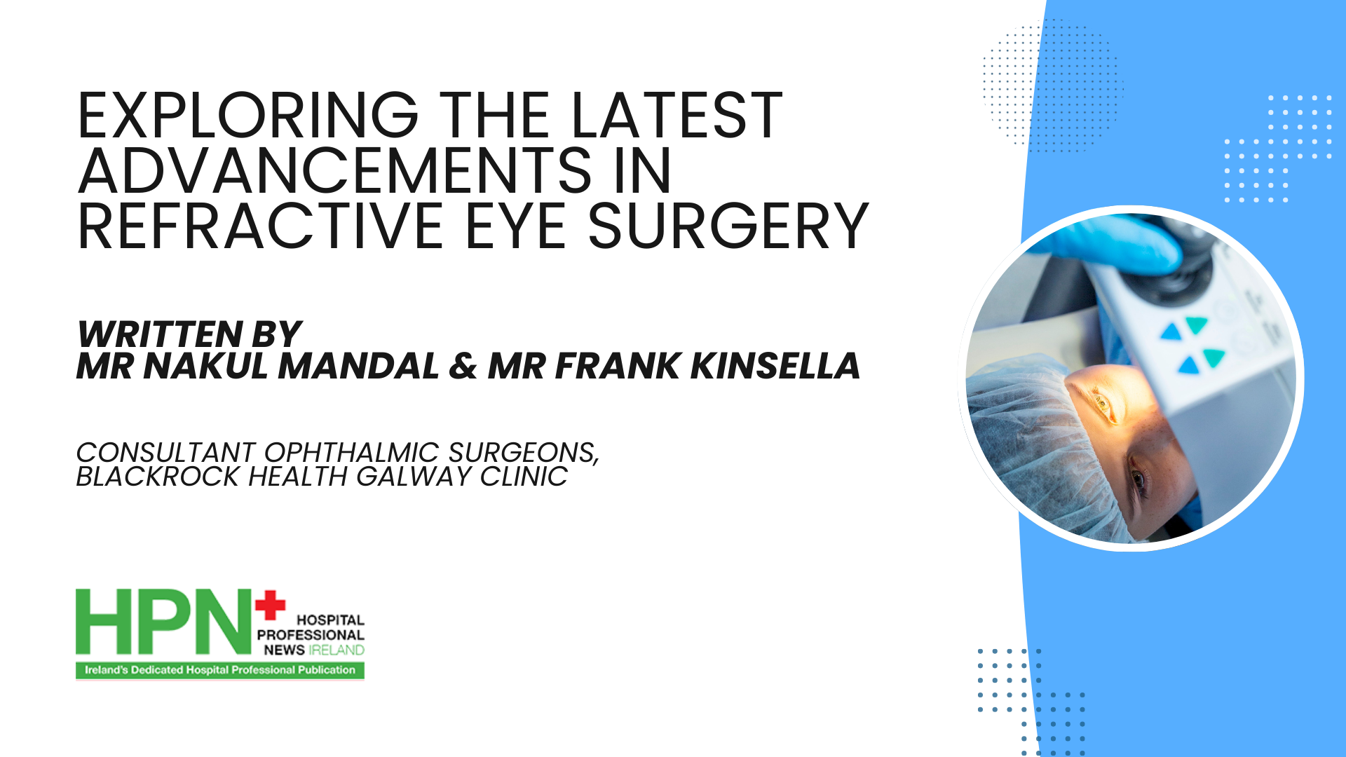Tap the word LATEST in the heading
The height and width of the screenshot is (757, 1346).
tap(677, 116)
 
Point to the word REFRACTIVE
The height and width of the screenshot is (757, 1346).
tap(260, 226)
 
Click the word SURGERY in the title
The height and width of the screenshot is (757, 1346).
tap(729, 226)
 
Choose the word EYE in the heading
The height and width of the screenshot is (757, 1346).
tap(516, 226)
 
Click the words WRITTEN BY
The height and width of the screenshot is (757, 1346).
tap(189, 334)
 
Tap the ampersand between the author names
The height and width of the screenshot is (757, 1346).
tap(463, 366)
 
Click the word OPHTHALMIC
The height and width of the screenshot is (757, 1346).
tap(351, 453)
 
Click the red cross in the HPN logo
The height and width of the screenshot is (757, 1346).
tap(271, 606)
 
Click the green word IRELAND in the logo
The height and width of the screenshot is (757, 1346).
tap(336, 650)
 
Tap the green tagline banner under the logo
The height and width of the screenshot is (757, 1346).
tap(220, 670)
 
